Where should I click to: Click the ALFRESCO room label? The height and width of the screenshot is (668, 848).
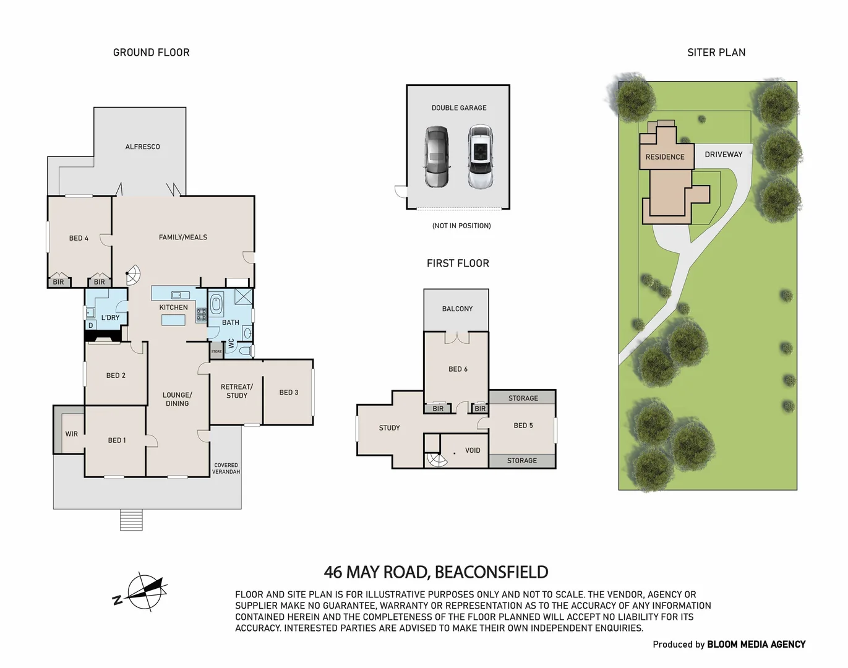[x=142, y=147]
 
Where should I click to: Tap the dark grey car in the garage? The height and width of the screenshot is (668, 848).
[x=437, y=157]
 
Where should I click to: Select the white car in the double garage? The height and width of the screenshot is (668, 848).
[x=480, y=157]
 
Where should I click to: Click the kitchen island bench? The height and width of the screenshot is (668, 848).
[x=173, y=320]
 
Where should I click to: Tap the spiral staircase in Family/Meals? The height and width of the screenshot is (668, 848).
[x=132, y=273]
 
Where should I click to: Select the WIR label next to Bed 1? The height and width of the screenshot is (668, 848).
[x=72, y=434]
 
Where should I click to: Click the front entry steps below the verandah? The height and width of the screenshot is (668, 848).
[x=131, y=520]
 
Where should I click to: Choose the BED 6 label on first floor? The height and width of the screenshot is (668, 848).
[x=458, y=369]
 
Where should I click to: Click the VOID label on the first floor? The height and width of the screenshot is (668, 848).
[x=473, y=450]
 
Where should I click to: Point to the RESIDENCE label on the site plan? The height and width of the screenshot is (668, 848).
[x=665, y=157]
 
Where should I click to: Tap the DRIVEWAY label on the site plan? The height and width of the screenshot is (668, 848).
[x=723, y=155]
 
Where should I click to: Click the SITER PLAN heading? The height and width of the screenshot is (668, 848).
[x=716, y=53]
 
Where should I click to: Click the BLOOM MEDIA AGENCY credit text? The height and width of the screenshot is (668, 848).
[x=756, y=644]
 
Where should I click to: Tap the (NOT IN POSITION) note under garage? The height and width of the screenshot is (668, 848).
[x=461, y=226]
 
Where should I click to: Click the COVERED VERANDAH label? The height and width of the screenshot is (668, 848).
[x=226, y=468]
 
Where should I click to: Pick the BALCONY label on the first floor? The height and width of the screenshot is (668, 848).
[x=457, y=309]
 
